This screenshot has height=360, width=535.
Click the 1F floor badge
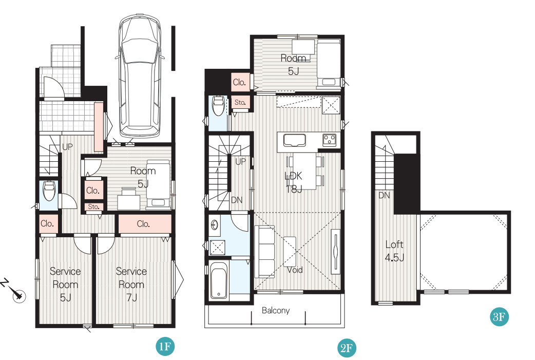(165, 347)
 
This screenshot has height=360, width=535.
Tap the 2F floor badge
(346, 348)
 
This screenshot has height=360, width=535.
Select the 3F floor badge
(499, 317)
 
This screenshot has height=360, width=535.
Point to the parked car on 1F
(140, 76)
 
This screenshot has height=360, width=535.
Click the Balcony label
(276, 311)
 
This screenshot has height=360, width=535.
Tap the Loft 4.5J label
(394, 251)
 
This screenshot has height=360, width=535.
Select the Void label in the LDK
(295, 270)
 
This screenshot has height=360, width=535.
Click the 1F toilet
(49, 191)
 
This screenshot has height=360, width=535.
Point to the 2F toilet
(218, 106)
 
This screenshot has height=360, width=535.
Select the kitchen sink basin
(294, 140)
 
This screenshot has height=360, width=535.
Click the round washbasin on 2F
(214, 225)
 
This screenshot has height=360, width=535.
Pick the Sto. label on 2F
(240, 102)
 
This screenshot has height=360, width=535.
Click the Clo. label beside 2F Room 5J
(239, 82)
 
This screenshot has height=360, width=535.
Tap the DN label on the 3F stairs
(384, 196)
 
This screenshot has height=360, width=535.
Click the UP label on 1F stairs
(67, 147)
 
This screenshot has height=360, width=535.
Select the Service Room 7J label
(131, 285)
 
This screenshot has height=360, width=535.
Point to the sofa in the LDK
(265, 252)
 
